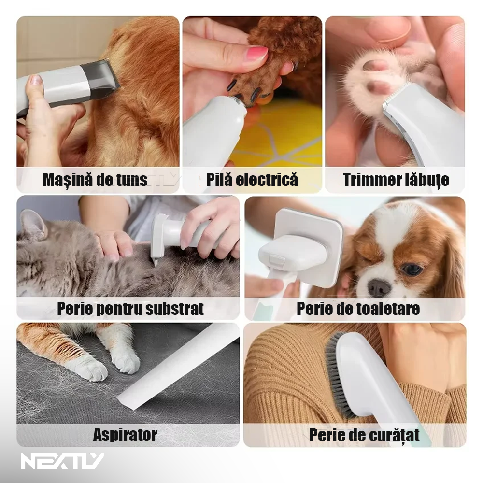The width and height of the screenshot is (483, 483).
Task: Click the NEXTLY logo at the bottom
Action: (62, 461)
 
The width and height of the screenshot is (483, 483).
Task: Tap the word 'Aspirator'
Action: (125, 435)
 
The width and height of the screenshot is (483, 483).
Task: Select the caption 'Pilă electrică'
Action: (252, 180)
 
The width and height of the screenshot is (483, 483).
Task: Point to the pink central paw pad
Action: (375, 66)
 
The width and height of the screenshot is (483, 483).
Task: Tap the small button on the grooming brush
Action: (277, 258)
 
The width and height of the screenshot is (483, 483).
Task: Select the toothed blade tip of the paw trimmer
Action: (396, 92)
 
